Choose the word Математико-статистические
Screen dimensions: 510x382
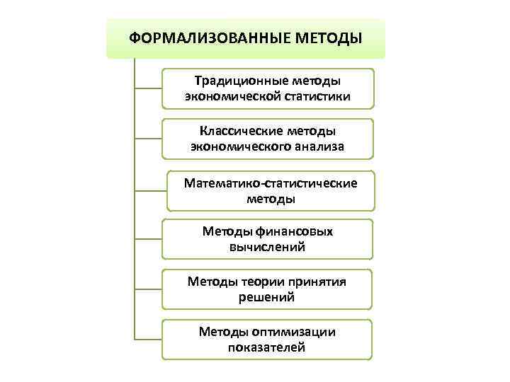271,183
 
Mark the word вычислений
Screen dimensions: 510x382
267,247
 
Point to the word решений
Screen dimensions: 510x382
267,297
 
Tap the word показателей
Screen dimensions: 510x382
267,347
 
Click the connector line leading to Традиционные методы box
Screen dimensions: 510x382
148,88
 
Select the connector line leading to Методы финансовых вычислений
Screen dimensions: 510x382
148,240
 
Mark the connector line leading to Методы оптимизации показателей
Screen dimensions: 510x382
148,340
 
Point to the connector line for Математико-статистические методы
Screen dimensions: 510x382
149,191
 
